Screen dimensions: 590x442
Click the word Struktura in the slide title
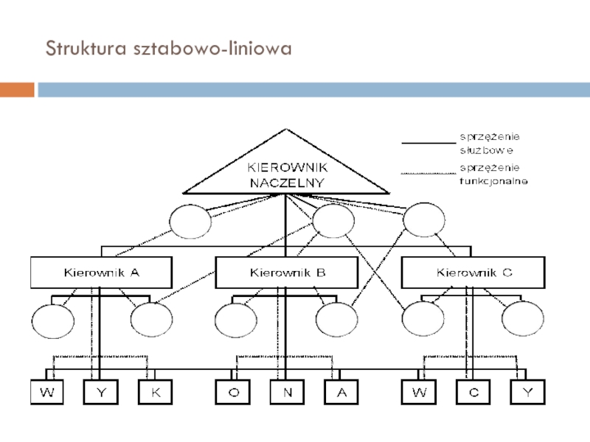click(86, 48)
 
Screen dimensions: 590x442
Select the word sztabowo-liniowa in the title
click(212, 48)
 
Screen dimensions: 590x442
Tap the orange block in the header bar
click(17, 90)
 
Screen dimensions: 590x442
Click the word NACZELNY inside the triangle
click(287, 183)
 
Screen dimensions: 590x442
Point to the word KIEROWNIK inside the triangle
click(288, 167)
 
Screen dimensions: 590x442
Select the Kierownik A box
click(101, 273)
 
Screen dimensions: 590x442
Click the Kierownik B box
click(287, 273)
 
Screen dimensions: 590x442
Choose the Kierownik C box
click(473, 273)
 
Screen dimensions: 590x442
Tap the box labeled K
click(156, 392)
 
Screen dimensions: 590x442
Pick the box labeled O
click(233, 392)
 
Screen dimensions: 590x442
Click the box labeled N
click(287, 392)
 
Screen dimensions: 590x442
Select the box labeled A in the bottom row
click(341, 392)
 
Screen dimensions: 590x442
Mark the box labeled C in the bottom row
click(473, 392)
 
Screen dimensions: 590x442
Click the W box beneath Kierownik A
click(47, 392)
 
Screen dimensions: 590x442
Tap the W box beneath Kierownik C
click(419, 392)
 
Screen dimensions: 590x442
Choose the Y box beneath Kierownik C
click(528, 392)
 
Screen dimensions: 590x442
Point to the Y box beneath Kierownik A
click(101, 392)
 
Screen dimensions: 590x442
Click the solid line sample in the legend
click(428, 143)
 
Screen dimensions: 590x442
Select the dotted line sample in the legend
click(428, 174)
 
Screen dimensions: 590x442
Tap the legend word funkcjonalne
click(493, 181)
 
